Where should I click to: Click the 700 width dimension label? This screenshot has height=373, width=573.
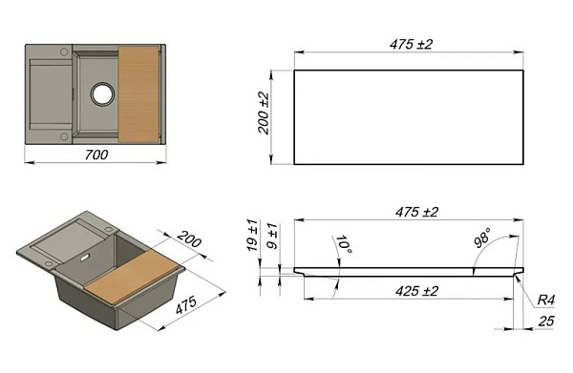click(96, 155)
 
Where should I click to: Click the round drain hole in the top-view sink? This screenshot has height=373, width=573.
click(103, 93)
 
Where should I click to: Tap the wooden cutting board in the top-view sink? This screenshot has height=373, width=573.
click(138, 94)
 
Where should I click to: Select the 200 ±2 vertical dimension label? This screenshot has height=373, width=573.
click(264, 114)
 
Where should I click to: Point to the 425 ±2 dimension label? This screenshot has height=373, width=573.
click(416, 291)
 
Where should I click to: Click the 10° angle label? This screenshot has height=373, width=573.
click(344, 245)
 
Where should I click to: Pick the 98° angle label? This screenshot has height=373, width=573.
click(482, 238)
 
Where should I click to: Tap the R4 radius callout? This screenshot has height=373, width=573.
click(546, 300)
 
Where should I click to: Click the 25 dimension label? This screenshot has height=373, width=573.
click(546, 321)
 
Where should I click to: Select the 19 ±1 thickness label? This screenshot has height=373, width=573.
click(252, 235)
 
